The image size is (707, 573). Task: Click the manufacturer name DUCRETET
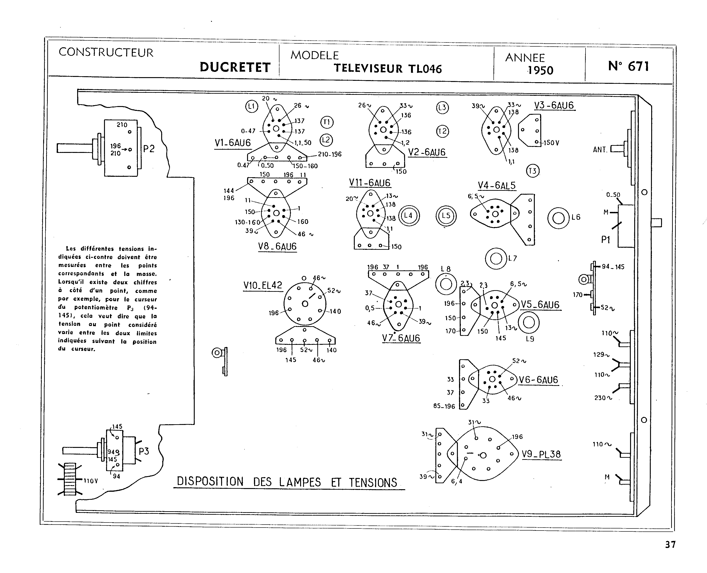coord(235,67)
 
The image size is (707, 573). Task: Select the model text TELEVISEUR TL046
coord(388,68)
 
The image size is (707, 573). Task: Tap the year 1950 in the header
coord(540,70)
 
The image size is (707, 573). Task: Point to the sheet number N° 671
coord(628,66)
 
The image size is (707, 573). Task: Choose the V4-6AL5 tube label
coord(496,185)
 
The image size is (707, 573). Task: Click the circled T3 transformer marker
coord(532,171)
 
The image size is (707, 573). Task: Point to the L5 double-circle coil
coord(446,216)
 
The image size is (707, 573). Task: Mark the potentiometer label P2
coord(149,149)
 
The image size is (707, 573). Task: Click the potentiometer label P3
coord(144,451)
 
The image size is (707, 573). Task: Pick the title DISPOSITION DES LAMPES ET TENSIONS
coord(287,482)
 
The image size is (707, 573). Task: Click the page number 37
coord(670,544)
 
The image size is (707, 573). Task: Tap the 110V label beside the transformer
coord(91,481)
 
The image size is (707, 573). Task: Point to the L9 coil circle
coord(529,323)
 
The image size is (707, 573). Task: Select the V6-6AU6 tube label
coord(538,380)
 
